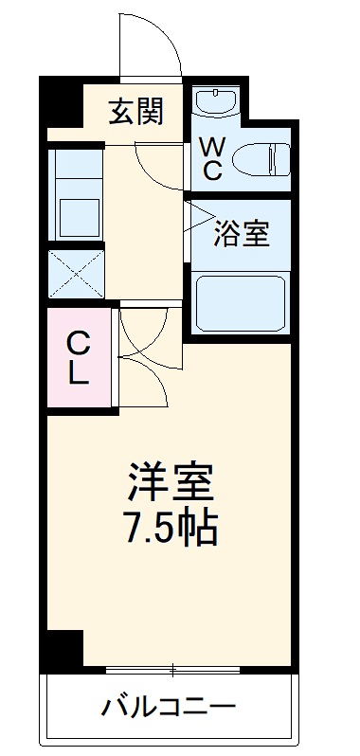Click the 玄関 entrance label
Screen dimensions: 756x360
click(x=135, y=112)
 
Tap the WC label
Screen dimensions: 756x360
click(x=212, y=159)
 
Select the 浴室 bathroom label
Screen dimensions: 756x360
click(x=242, y=233)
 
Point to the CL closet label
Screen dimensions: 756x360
click(x=78, y=356)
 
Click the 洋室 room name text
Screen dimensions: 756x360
click(x=171, y=483)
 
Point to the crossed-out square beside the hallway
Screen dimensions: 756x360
click(x=75, y=270)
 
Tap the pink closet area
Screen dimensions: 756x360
click(x=78, y=358)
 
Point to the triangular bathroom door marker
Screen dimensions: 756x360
click(x=196, y=217)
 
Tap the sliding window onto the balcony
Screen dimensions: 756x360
click(x=172, y=671)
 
